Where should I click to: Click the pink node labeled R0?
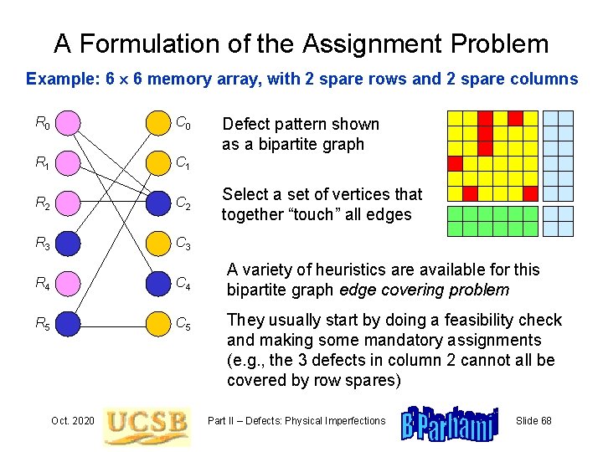point(69,124)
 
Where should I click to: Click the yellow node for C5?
point(158,323)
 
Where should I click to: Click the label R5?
point(42,324)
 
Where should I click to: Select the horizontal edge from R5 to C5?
point(113,323)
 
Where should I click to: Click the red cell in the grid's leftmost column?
point(455,163)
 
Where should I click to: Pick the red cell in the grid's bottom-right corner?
point(530,193)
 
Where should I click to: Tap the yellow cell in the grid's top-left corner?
point(455,118)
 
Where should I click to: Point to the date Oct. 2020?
point(72,420)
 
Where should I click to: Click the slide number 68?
point(533,420)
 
